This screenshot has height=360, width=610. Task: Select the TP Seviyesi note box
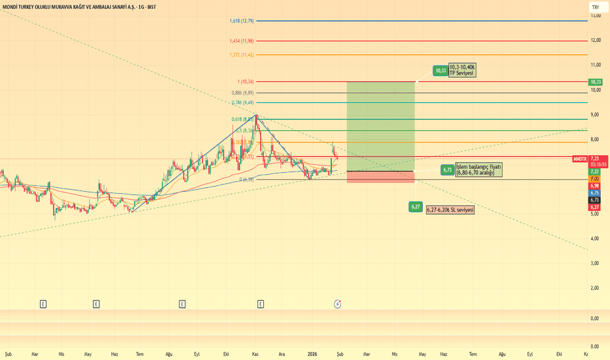[462, 70]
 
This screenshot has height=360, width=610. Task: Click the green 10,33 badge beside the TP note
[440, 71]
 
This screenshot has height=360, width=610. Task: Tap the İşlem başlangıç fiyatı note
[478, 170]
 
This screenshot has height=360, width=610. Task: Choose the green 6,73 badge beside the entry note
[448, 170]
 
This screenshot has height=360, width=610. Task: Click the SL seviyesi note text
[450, 210]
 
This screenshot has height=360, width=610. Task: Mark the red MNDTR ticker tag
[579, 159]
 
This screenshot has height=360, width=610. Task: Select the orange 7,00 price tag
[595, 179]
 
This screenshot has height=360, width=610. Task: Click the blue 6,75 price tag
[595, 193]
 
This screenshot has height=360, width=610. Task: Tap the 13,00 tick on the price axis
[596, 16]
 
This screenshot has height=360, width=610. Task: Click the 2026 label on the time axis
[312, 354]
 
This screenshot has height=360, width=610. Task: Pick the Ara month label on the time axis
[282, 354]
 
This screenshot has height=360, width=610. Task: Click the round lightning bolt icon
[338, 304]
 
